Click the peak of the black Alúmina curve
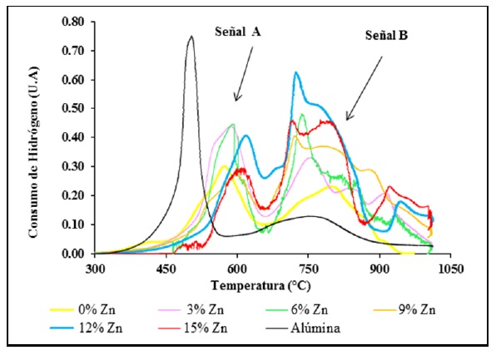[x=191, y=37]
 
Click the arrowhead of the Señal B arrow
[x=346, y=120]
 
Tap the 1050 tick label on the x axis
[x=450, y=269]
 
